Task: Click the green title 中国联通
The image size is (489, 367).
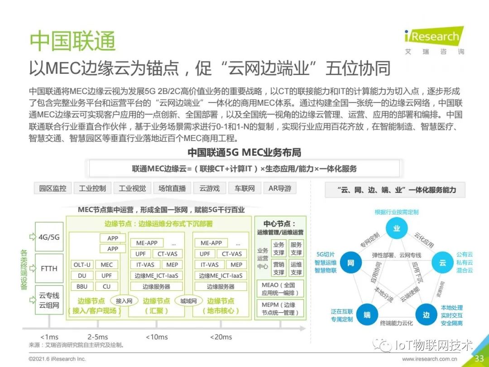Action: pos(72,41)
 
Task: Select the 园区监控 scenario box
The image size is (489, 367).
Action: pos(53,188)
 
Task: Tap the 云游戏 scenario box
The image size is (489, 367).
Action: pos(209,188)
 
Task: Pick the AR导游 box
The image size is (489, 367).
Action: pos(280,188)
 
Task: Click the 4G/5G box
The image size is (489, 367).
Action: pos(48,237)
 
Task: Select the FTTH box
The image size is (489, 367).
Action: pos(48,268)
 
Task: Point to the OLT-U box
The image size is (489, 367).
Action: pos(82,265)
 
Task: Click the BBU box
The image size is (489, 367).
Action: pos(82,286)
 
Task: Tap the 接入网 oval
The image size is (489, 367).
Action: pos(124,300)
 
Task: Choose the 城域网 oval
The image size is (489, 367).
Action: pos(188,300)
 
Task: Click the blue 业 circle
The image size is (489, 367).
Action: pos(397,229)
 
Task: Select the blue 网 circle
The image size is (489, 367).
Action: pos(350,263)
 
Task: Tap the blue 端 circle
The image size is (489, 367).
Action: pos(367,315)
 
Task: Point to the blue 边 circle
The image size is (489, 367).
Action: pos(426,315)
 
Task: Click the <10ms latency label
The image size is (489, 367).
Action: pos(157,337)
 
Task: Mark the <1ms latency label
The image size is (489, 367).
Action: pos(49,337)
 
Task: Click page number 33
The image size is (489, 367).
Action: pos(479,359)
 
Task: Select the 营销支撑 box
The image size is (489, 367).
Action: pos(279,268)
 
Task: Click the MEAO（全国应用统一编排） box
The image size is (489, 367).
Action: pos(278,289)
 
